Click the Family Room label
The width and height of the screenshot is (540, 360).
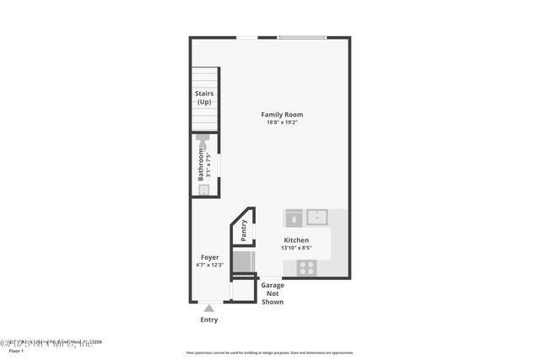pos(282,115)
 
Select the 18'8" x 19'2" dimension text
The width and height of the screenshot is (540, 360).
pos(282,123)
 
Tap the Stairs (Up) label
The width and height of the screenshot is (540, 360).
pos(204,98)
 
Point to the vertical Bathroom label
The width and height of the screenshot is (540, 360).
pos(201,165)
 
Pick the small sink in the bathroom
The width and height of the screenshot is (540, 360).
pos(203,191)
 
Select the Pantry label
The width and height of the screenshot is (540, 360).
pos(244,228)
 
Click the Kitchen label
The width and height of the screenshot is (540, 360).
pos(295,240)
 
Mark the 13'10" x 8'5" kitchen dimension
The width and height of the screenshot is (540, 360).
pos(295,249)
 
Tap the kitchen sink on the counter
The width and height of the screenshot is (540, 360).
pos(317,218)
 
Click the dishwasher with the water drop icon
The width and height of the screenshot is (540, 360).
pos(294,218)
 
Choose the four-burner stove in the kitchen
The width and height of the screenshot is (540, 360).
pos(306,267)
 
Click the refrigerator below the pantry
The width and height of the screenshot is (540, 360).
pos(243,261)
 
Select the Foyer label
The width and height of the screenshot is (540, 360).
pos(209,257)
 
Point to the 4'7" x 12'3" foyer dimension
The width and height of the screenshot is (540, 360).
pos(209,266)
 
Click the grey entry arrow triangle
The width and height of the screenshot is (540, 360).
pos(209,308)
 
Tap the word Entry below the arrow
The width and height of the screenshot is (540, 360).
pos(208,320)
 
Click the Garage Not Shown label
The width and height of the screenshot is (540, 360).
pos(272,293)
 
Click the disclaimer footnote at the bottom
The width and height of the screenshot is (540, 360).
pos(270,353)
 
